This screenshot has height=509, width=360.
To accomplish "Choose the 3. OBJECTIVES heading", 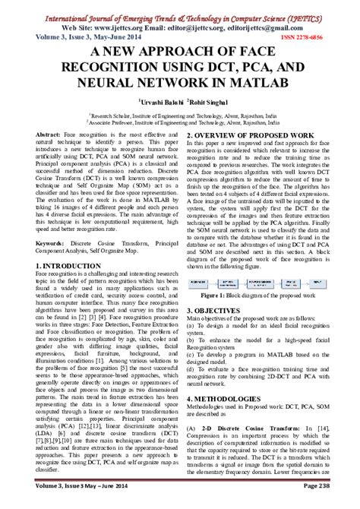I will pyautogui.click(x=219, y=311).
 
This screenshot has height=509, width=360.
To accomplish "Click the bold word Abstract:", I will pyautogui.click(x=51, y=134).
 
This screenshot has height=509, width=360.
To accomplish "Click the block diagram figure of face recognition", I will pyautogui.click(x=261, y=282).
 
